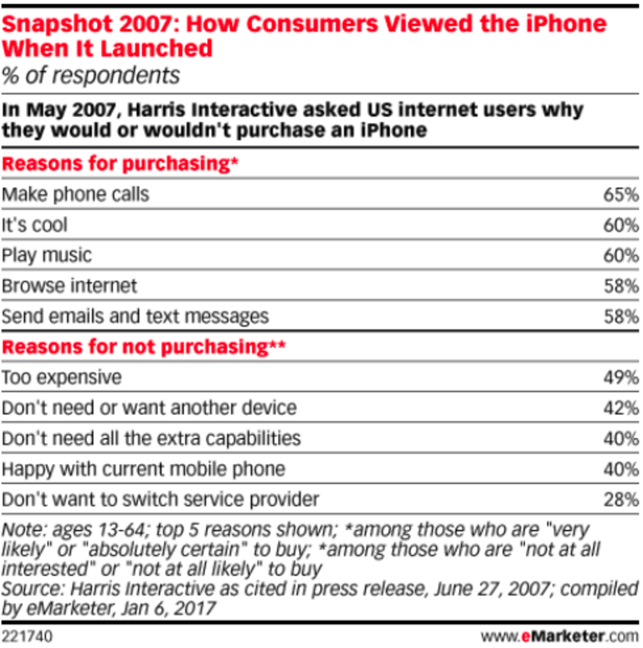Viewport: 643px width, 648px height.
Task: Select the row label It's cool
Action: click(34, 225)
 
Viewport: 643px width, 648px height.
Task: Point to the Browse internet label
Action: click(69, 285)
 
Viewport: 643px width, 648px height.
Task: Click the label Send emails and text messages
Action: click(135, 316)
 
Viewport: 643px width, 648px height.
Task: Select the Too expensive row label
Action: click(62, 376)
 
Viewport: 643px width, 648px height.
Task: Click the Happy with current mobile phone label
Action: click(144, 468)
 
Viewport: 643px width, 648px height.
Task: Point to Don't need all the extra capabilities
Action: click(151, 438)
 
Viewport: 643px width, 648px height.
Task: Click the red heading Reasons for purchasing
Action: click(120, 164)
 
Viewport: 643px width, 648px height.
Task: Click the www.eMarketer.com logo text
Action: click(559, 635)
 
